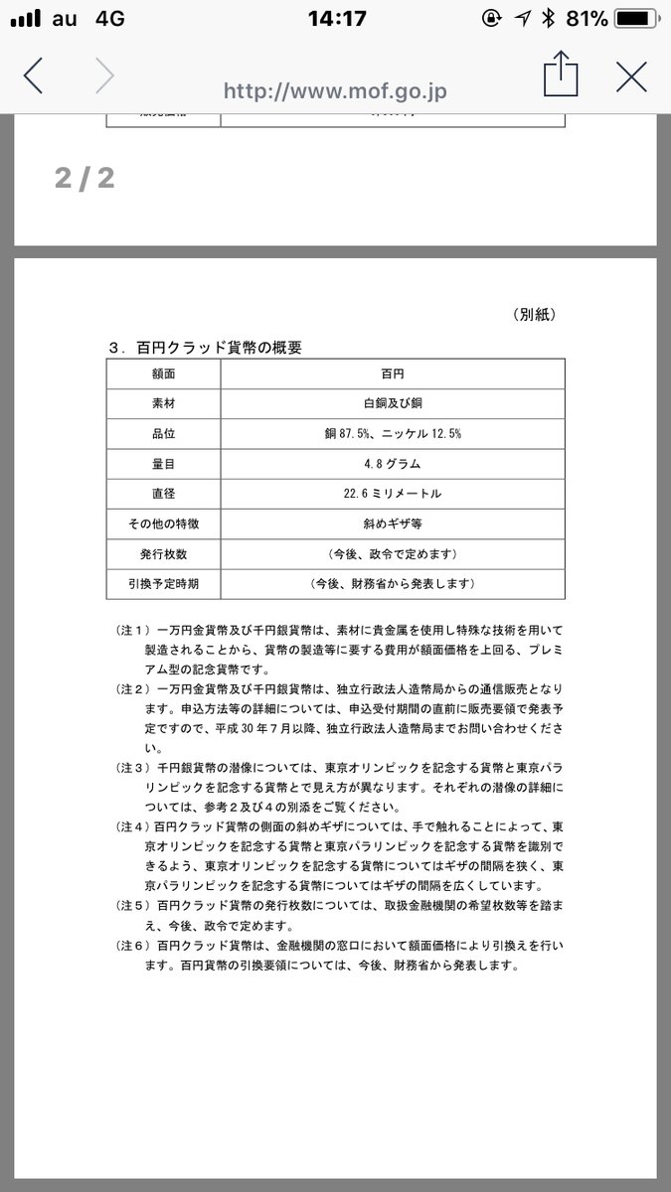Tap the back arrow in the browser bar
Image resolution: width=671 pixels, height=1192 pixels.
click(x=34, y=75)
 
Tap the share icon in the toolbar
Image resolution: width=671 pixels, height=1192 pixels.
click(x=560, y=75)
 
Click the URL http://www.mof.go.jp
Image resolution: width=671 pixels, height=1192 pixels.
click(x=335, y=91)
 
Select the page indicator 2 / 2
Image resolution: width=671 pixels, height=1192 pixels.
click(x=84, y=178)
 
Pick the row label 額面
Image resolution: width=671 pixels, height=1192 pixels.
click(x=163, y=375)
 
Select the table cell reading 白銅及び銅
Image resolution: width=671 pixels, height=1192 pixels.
click(x=392, y=405)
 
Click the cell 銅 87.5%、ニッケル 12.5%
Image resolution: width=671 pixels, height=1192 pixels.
click(x=392, y=434)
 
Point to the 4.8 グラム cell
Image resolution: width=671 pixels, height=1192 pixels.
click(x=392, y=464)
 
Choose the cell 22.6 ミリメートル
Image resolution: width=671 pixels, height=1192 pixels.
click(x=392, y=494)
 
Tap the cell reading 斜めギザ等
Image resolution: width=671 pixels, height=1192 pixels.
click(x=392, y=523)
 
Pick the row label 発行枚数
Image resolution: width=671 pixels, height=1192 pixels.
click(x=163, y=553)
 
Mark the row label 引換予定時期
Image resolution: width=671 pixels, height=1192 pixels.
click(x=163, y=583)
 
